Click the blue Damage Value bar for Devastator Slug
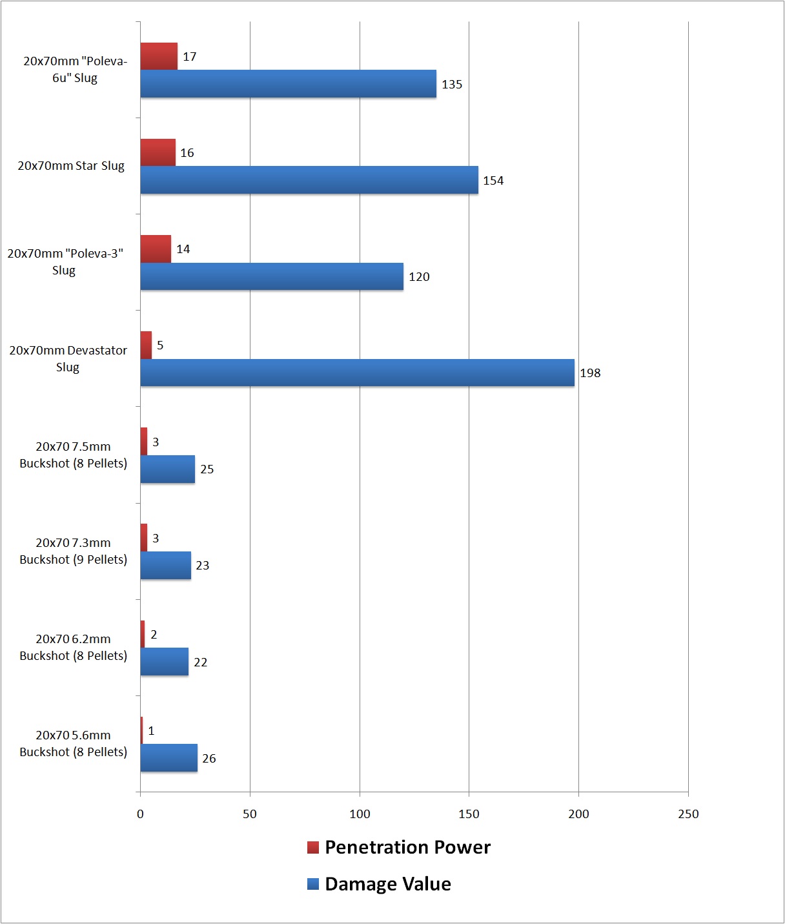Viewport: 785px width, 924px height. coord(357,373)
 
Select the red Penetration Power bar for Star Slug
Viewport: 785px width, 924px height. coord(158,152)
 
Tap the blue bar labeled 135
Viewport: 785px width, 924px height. coord(288,84)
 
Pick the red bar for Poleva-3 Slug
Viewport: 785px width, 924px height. coord(156,249)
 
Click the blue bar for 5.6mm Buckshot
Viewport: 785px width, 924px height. coord(168,758)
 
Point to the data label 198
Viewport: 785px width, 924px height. coord(590,373)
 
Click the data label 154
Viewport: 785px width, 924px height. coord(493,181)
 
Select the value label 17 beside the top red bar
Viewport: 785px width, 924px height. coord(189,57)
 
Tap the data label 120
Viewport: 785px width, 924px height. coord(419,277)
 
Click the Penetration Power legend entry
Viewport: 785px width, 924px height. coord(399,847)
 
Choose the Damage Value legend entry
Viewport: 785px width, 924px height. coord(380,884)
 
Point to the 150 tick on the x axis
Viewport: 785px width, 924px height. coord(469,814)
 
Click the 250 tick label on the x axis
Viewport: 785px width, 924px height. coord(688,814)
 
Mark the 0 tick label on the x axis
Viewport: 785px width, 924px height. coord(140,814)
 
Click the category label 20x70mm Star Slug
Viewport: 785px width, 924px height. coord(71,166)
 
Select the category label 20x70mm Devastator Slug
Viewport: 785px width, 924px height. coord(68,358)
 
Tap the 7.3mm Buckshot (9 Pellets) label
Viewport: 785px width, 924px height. coord(73,551)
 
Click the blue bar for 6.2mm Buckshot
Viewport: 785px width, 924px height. coord(164,662)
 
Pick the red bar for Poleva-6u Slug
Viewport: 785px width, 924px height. coord(159,56)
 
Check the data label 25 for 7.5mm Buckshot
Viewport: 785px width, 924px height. coord(207,469)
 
